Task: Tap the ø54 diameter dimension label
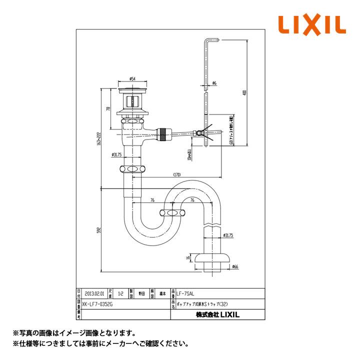132,78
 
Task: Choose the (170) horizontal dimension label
177,175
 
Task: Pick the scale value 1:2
121,294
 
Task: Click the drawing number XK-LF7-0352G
98,303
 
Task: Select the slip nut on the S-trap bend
172,213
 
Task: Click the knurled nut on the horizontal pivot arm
162,134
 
